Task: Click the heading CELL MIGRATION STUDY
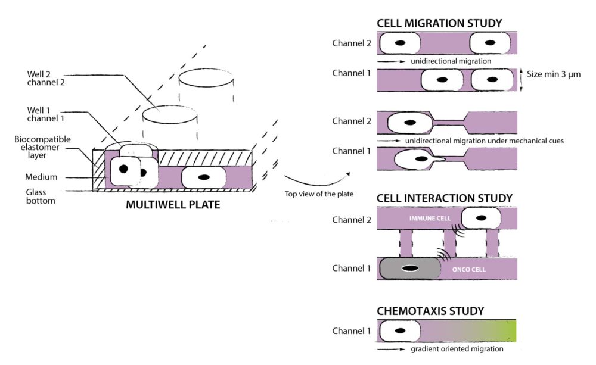pyautogui.click(x=439, y=24)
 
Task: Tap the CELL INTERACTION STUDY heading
pyautogui.click(x=445, y=198)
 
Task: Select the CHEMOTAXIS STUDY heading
pyautogui.click(x=430, y=311)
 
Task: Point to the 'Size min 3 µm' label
pyautogui.click(x=552, y=74)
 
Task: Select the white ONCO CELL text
pyautogui.click(x=468, y=269)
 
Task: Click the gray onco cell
pyautogui.click(x=409, y=269)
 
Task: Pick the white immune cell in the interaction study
pyautogui.click(x=480, y=219)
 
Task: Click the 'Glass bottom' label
pyautogui.click(x=40, y=196)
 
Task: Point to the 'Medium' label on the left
pyautogui.click(x=40, y=177)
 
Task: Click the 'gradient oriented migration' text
pyautogui.click(x=457, y=348)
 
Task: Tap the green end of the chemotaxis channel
pyautogui.click(x=507, y=330)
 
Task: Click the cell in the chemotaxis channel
pyautogui.click(x=399, y=330)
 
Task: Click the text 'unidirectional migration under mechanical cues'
pyautogui.click(x=485, y=141)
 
